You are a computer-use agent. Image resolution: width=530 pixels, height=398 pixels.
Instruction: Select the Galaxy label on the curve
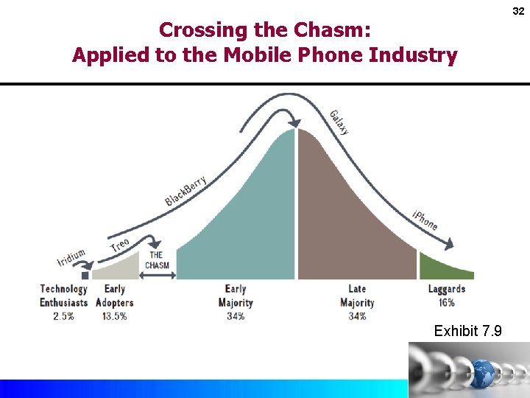point(339,122)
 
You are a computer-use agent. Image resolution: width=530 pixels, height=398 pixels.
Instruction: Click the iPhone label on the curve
point(425,219)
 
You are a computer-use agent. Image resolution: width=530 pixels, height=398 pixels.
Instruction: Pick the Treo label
point(119,246)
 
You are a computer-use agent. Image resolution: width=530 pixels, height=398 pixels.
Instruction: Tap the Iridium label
point(71,257)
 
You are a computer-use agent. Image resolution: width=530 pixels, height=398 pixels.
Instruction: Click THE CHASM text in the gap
point(157,260)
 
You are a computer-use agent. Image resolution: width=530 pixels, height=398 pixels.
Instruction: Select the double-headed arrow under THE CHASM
point(158,276)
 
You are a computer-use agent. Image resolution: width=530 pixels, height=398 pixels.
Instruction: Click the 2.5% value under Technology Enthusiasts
point(63,315)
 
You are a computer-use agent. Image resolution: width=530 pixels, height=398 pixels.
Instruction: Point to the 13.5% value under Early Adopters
point(114,315)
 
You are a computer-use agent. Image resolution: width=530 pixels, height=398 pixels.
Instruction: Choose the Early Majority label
point(236,296)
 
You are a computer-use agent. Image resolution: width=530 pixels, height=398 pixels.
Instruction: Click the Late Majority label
point(357,296)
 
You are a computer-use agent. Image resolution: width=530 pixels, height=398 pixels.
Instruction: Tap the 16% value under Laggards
point(446,302)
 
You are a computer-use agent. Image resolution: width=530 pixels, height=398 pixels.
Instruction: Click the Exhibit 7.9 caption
point(467,331)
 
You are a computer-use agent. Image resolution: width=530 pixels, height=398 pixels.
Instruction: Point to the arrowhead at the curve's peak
point(294,122)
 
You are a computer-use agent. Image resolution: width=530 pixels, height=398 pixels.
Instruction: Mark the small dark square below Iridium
point(85,275)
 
